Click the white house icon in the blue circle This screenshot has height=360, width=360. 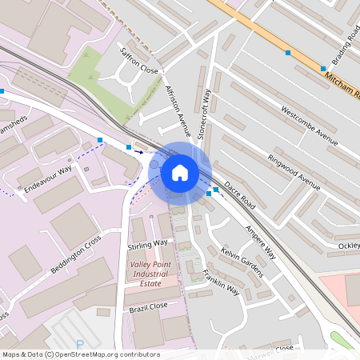(x=179, y=172)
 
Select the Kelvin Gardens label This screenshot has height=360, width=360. (x=242, y=262)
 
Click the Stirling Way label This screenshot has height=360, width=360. (x=149, y=242)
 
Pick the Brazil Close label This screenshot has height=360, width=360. (x=148, y=306)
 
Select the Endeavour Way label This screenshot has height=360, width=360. (x=48, y=177)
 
